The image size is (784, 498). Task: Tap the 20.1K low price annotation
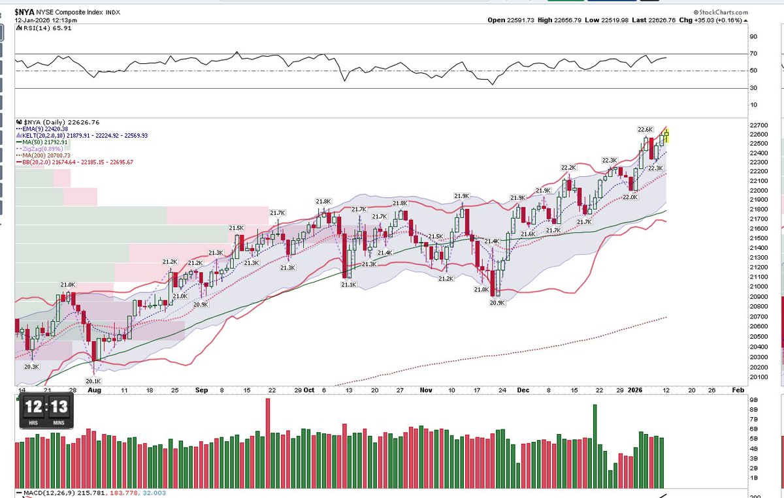93,381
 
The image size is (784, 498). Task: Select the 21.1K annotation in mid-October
348,284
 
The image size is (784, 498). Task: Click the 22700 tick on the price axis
741,125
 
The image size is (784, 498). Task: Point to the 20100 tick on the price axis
741,377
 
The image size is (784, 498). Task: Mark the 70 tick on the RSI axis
735,54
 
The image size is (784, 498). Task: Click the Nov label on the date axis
426,390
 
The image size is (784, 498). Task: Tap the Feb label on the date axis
738,390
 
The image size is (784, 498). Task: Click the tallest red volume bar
267,431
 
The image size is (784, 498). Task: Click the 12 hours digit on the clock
33,409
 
